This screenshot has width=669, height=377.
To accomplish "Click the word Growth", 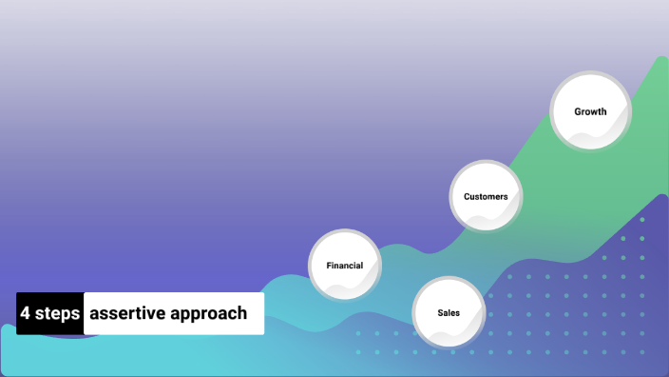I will (590, 111).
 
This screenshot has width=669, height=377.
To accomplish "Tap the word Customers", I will (486, 196).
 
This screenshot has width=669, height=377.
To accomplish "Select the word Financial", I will (345, 265).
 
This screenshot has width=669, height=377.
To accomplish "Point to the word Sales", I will (449, 312).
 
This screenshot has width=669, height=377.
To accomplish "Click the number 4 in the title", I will (26, 313).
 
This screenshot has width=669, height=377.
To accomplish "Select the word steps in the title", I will (57, 313).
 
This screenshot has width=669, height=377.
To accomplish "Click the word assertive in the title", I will (128, 313).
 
